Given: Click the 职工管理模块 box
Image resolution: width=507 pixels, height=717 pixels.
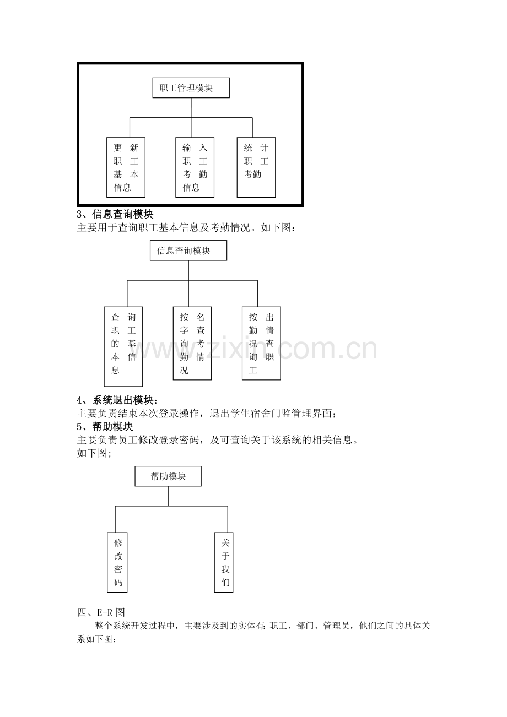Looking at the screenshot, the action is [x=191, y=88].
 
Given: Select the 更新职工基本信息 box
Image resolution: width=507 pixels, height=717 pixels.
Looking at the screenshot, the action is [x=126, y=167].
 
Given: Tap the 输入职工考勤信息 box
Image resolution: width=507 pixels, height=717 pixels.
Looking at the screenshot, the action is [x=195, y=167].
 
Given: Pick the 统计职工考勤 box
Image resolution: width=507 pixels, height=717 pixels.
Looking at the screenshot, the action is [x=256, y=167].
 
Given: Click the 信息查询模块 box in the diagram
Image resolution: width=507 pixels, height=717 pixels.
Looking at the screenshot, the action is [x=188, y=251].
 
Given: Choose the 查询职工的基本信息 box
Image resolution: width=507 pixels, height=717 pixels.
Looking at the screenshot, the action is [x=123, y=346].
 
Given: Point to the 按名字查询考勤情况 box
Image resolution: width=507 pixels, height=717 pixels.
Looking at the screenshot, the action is [x=192, y=344].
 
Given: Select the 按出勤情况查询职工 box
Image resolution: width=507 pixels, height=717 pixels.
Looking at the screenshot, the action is [x=261, y=344].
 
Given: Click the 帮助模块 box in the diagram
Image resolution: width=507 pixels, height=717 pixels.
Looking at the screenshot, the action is [x=168, y=476].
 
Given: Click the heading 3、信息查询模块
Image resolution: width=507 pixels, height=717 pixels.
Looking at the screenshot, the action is [x=115, y=214].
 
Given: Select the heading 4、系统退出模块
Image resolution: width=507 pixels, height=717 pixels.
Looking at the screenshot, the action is [x=117, y=400].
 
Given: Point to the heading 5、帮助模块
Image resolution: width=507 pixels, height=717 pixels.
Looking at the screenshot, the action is [x=105, y=427].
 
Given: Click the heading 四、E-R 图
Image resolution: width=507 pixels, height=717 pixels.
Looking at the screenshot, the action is [x=101, y=612].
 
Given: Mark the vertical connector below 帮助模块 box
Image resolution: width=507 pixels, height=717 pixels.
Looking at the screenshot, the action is [x=168, y=496].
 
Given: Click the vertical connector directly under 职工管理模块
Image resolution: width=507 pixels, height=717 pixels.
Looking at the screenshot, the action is [x=191, y=108].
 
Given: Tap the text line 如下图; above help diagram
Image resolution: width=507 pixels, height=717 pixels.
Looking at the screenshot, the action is [x=94, y=453].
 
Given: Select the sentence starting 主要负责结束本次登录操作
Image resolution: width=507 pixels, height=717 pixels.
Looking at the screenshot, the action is [x=207, y=413].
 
